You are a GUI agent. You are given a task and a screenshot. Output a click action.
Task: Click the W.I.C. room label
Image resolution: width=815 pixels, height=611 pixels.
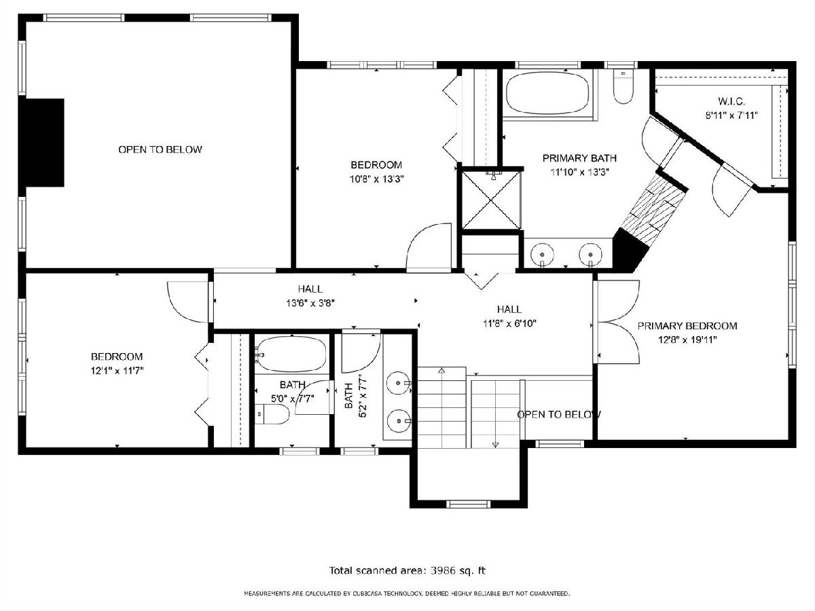731,101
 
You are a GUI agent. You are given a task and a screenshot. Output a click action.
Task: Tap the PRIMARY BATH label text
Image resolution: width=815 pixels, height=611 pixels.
579,158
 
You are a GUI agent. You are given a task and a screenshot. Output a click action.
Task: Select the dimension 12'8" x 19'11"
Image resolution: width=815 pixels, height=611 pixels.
687,340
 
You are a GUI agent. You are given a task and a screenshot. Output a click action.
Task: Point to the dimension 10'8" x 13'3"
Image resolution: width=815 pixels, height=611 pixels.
376,179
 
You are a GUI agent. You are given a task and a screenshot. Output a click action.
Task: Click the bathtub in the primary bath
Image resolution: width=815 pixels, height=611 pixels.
547,93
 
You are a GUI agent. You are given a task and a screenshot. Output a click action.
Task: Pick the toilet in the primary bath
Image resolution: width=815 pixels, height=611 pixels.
623,87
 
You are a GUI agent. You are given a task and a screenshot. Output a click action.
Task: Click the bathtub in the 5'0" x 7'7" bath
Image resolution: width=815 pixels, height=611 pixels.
291,354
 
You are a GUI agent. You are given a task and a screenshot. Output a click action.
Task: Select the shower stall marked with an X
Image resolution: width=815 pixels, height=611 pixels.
491,200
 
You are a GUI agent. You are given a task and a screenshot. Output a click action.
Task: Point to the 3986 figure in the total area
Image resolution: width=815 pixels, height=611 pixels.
443,570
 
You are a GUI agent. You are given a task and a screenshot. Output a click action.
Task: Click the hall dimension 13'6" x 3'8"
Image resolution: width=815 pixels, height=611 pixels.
310,303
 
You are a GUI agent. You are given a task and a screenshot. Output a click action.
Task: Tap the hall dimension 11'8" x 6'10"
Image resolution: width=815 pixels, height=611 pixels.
509,324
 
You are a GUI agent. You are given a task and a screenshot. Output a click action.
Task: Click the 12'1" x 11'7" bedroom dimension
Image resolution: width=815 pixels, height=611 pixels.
117,371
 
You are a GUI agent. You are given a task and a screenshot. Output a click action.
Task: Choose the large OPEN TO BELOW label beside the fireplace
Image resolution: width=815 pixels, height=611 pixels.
160,149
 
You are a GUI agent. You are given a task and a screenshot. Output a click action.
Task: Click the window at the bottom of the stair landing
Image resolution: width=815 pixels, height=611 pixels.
468,504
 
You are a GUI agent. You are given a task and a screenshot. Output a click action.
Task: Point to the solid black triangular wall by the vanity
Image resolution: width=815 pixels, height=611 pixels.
628,250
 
